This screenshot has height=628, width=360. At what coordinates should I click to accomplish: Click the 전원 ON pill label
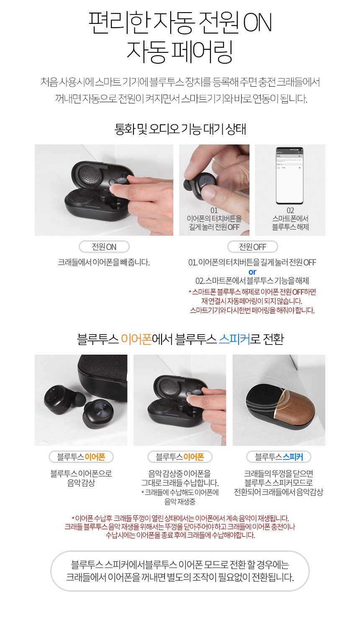click(104, 247)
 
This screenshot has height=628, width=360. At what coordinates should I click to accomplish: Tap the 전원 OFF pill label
click(252, 247)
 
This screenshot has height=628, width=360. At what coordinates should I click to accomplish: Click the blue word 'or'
click(252, 272)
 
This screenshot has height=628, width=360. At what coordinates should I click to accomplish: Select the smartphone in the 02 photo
click(289, 175)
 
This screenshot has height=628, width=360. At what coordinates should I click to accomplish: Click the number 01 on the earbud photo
click(214, 211)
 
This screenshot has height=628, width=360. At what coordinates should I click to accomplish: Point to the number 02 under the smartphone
click(290, 211)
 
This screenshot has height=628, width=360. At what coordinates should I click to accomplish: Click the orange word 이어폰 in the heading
click(136, 339)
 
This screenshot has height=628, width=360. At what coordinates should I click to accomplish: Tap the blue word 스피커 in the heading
click(234, 339)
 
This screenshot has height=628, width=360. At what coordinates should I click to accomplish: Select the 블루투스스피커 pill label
click(279, 457)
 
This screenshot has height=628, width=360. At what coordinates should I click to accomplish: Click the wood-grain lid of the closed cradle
click(297, 407)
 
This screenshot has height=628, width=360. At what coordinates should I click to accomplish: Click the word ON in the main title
click(257, 23)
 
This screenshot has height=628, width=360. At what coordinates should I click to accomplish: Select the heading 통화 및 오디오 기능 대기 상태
click(180, 129)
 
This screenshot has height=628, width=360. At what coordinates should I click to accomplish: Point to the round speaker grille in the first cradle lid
click(88, 174)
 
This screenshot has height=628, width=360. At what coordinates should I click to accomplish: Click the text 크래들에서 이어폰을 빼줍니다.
click(104, 263)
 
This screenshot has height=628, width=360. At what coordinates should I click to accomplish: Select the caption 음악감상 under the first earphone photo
click(81, 483)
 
